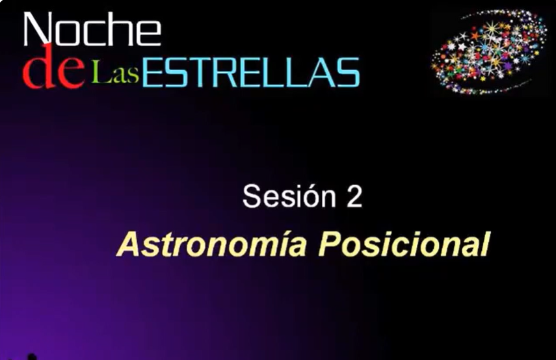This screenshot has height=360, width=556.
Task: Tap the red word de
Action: (x=54, y=67)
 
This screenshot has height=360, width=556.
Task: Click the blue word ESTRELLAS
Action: (x=251, y=73)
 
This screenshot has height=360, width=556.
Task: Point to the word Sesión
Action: (x=289, y=196)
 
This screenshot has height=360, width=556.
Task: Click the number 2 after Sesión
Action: (x=354, y=196)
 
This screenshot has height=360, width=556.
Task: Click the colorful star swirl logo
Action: (x=488, y=52)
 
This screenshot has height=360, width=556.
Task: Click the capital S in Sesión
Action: (x=252, y=196)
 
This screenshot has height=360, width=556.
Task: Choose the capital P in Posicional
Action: (x=330, y=244)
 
